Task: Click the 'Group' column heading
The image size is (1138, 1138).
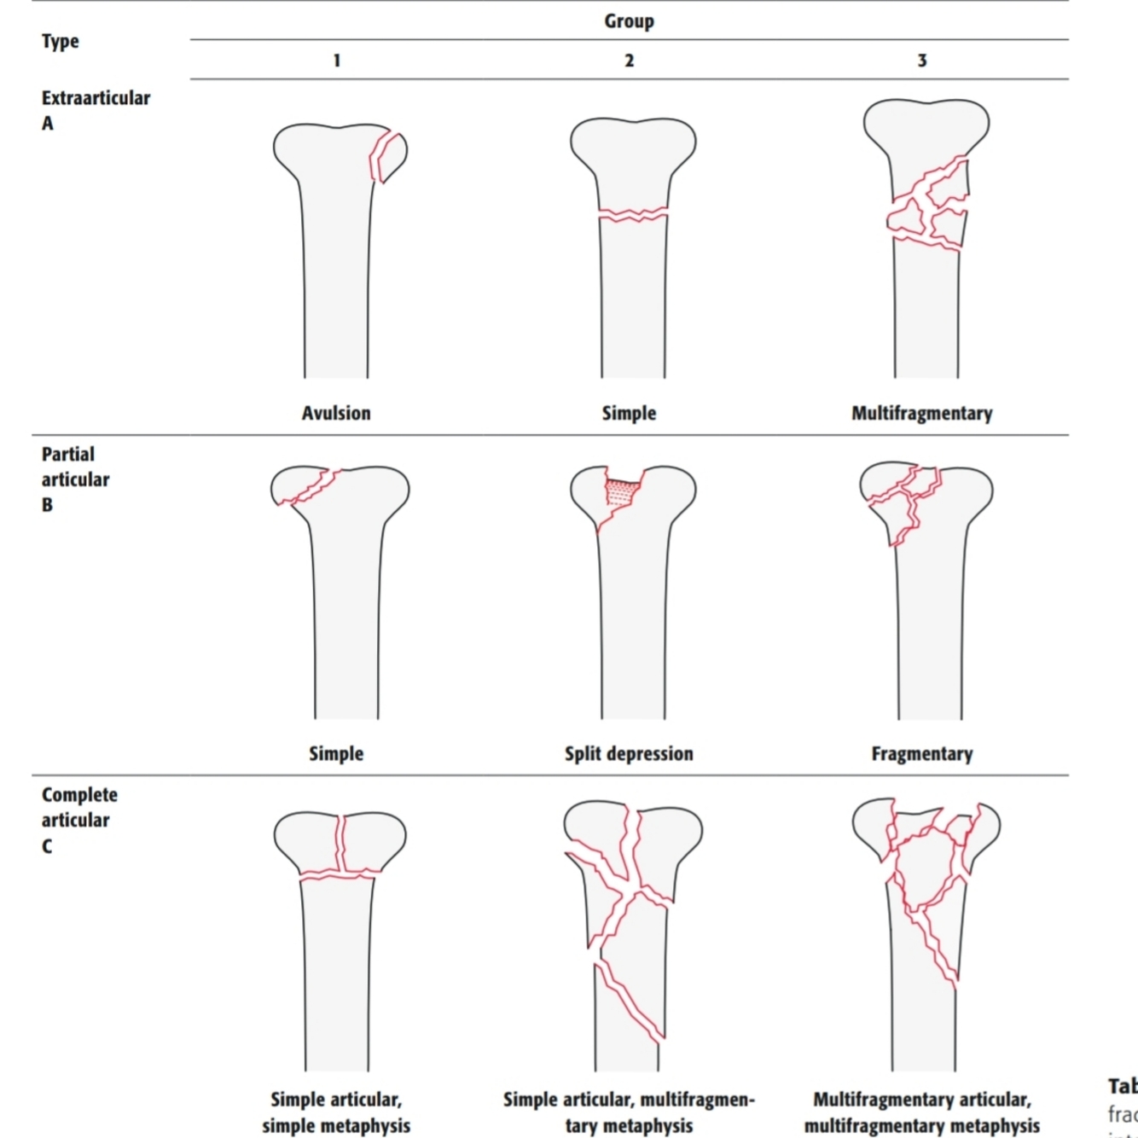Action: [x=629, y=21]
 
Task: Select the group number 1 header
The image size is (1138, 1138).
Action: [x=337, y=61]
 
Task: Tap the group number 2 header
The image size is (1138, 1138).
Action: [x=629, y=61]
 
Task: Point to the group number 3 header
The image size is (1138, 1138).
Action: [x=921, y=61]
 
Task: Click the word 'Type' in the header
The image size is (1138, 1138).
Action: [x=60, y=41]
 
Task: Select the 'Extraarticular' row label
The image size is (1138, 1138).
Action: [x=96, y=98]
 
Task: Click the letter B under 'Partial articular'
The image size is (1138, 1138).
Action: [x=47, y=505]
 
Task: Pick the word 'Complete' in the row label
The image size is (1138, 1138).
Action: [x=79, y=795]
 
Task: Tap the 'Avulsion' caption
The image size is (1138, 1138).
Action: [x=336, y=414]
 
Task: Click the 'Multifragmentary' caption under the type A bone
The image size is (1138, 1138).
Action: [x=921, y=414]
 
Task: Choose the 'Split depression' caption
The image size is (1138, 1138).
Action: [x=629, y=754]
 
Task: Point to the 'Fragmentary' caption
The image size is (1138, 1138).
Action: [x=921, y=754]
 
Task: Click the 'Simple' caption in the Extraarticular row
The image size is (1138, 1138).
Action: [x=629, y=414]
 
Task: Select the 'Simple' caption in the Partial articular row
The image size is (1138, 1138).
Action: [x=336, y=754]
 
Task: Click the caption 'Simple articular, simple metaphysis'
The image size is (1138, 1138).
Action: [x=336, y=1112]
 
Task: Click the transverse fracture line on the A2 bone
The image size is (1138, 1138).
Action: [x=632, y=214]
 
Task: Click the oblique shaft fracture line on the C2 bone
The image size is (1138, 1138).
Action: [x=630, y=1002]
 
